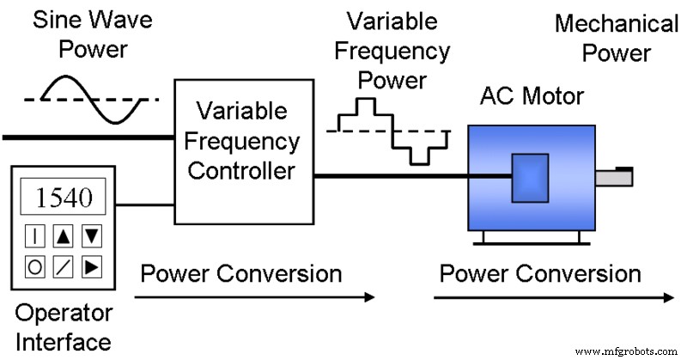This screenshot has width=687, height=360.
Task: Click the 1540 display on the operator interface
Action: (x=62, y=198)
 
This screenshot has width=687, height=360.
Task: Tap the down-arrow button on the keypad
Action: (x=92, y=234)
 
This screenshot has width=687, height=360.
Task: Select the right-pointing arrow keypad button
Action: (x=92, y=266)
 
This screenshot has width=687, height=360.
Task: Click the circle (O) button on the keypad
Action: (x=34, y=266)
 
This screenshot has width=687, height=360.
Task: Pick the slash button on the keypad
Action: (x=64, y=266)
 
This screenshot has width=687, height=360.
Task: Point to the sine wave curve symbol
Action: (x=92, y=100)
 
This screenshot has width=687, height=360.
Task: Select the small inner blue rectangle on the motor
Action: (x=529, y=178)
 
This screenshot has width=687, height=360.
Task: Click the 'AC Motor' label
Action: (x=531, y=95)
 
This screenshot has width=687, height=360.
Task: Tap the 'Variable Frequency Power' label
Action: (x=392, y=51)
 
